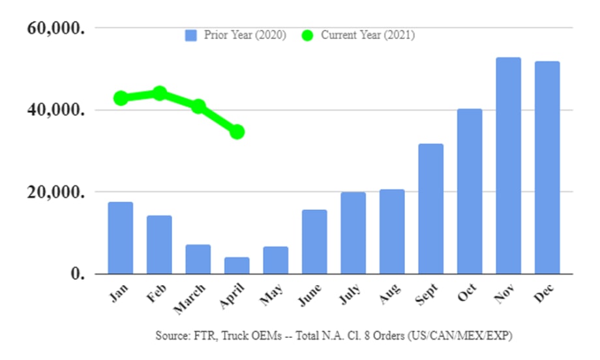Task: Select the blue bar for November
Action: [508, 166]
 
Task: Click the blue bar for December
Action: [547, 168]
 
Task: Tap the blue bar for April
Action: [237, 265]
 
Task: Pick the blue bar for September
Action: [430, 209]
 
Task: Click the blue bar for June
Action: [314, 242]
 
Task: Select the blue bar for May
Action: [276, 260]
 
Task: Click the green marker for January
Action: [121, 98]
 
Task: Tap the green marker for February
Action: [160, 94]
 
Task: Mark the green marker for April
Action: [237, 132]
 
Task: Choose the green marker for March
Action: [198, 106]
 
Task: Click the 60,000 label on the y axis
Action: [55, 29]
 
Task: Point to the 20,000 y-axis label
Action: [55, 192]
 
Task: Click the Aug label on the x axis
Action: [390, 294]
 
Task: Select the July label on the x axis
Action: [351, 295]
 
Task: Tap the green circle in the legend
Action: [308, 35]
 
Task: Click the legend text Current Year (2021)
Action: [367, 35]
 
